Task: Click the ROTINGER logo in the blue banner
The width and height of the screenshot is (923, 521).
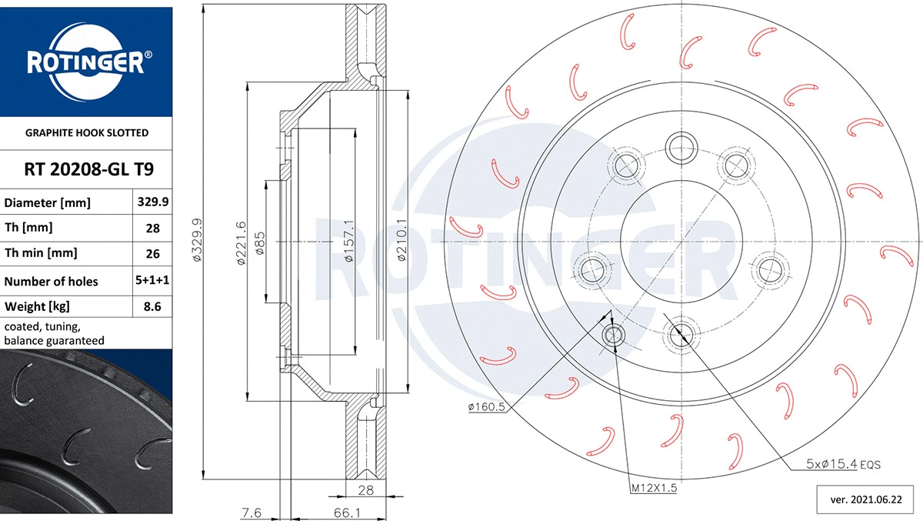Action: click(85, 62)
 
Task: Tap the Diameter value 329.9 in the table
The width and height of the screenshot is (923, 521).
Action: click(152, 202)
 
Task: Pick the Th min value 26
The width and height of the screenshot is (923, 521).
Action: click(152, 253)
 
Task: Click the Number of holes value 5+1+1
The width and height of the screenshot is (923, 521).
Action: click(152, 281)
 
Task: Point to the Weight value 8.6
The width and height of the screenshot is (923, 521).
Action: click(152, 307)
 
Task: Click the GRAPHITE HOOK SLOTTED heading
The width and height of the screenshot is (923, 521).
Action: click(85, 133)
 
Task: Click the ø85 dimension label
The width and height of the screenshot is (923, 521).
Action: click(260, 244)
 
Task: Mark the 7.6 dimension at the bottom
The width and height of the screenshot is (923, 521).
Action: click(251, 511)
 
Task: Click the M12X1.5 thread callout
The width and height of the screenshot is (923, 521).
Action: click(653, 488)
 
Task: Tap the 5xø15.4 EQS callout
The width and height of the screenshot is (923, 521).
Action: click(843, 465)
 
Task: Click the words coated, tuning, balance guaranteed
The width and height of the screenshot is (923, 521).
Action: click(54, 333)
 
